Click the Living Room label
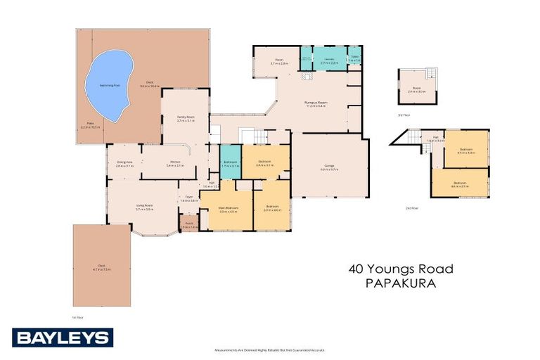[145, 207]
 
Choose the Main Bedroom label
[226, 209]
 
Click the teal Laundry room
[328, 59]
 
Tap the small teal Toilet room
[355, 59]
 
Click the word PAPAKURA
[401, 285]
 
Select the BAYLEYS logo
[63, 337]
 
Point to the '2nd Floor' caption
[411, 208]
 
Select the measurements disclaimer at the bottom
[269, 349]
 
